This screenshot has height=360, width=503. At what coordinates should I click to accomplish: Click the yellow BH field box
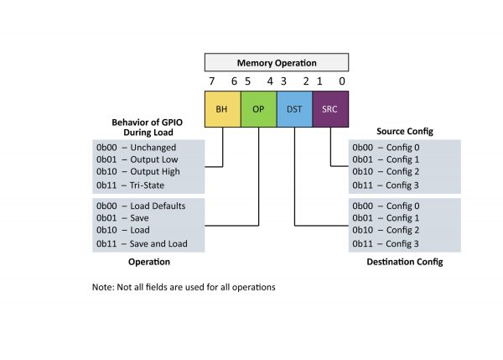(x=223, y=109)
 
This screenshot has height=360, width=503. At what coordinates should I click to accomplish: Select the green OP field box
(x=258, y=109)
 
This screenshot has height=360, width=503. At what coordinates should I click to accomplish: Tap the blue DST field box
(x=294, y=109)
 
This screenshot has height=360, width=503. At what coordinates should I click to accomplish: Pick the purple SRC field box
(x=330, y=109)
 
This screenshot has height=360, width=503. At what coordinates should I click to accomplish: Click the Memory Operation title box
(x=277, y=62)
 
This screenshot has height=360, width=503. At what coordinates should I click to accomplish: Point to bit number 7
(x=211, y=81)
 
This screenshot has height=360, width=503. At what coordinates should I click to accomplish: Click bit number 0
(x=342, y=81)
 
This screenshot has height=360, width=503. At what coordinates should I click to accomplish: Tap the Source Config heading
(x=405, y=132)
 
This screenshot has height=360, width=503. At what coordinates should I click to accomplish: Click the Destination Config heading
(x=405, y=262)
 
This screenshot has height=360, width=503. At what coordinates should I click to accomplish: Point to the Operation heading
(x=149, y=262)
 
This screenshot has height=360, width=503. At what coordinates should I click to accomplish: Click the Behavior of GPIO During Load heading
(x=148, y=128)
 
